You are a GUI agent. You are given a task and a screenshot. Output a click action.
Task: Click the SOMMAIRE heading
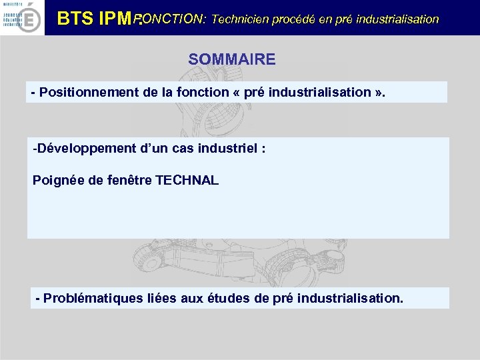coord(231,59)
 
